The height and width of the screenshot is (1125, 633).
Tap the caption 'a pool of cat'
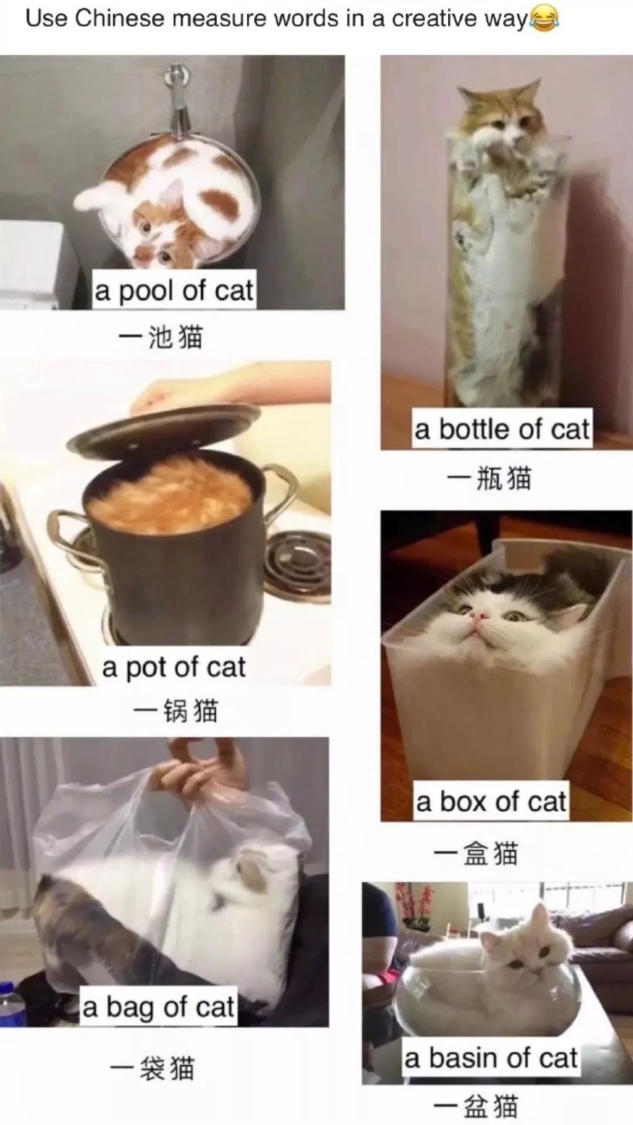[174, 291]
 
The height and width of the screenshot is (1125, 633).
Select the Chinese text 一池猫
[161, 337]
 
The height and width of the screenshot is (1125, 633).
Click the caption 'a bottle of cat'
[502, 429]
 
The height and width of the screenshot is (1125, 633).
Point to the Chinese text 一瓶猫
[489, 478]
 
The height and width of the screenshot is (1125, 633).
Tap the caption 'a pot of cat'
[173, 667]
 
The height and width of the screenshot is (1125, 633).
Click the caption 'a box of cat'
[491, 802]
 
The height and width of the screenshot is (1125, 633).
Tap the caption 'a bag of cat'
[158, 1008]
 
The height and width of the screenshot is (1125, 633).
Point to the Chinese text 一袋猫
[152, 1068]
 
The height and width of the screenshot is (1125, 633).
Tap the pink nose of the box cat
[482, 615]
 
